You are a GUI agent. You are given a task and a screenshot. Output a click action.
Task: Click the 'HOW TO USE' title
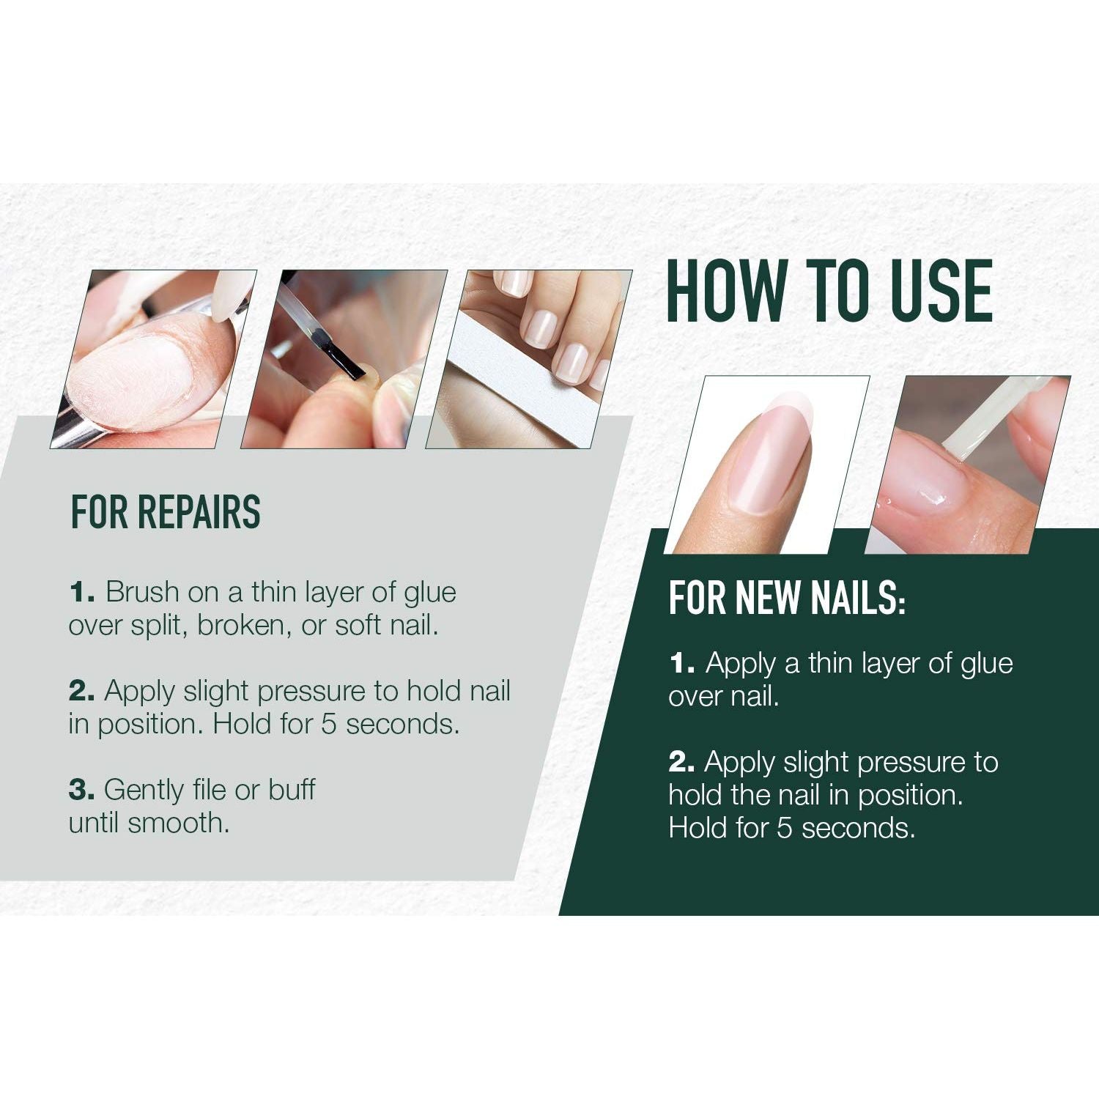[x=829, y=291]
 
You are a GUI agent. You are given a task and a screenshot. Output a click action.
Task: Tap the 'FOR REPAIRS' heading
[x=166, y=512]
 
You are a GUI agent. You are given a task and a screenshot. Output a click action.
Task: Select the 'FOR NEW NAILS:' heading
[x=787, y=598]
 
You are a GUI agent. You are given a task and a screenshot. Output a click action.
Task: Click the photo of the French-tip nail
[x=768, y=465]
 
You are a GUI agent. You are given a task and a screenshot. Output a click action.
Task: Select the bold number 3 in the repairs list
[x=81, y=790]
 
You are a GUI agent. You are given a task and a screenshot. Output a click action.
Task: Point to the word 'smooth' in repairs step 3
[x=178, y=823]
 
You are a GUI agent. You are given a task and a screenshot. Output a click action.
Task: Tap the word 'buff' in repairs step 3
[x=292, y=789]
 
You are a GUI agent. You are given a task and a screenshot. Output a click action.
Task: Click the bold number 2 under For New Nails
[x=681, y=763]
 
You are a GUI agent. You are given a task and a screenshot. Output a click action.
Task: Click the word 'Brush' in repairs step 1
[x=142, y=592]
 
